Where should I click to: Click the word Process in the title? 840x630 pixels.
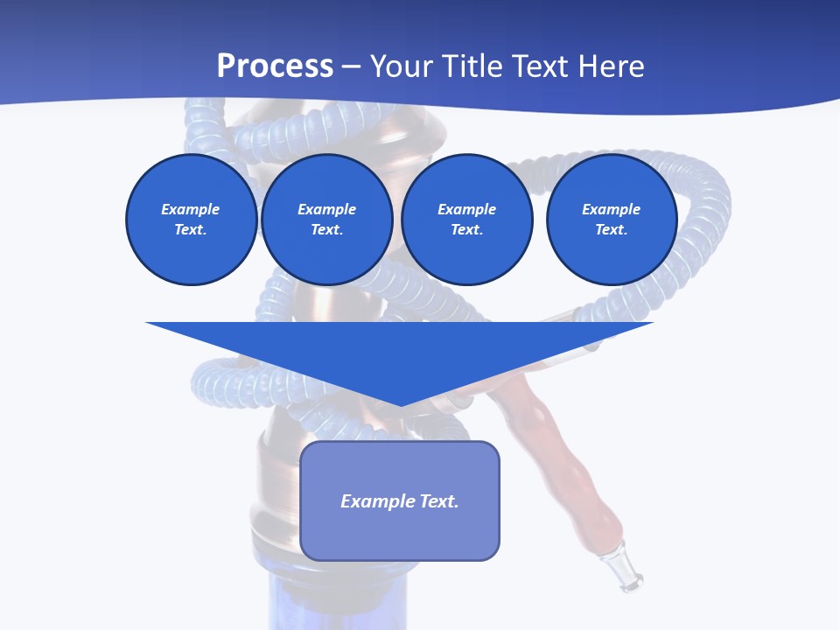point(275,66)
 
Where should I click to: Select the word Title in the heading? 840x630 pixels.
point(473,66)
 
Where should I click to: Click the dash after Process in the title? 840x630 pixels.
point(351,67)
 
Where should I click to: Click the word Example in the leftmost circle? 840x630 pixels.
point(191,209)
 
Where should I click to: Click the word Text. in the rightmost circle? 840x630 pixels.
point(611,230)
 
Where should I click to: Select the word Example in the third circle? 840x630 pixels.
point(466,209)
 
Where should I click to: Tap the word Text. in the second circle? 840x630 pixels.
point(326,230)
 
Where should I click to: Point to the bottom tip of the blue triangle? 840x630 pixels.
point(400,403)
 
